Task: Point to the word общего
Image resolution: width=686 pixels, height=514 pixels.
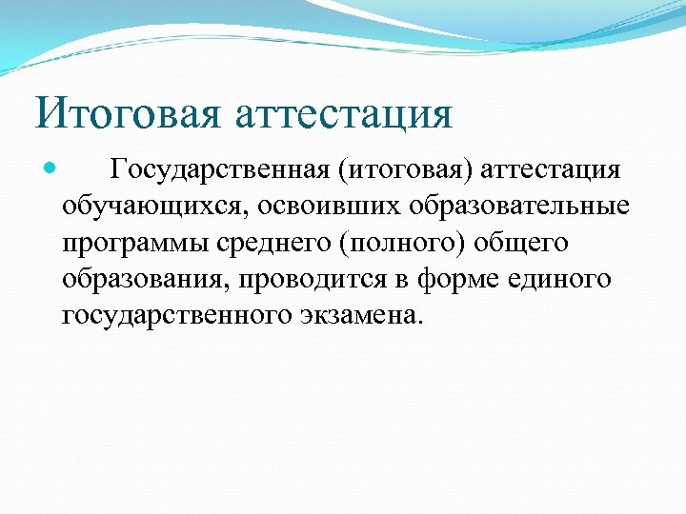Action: [519, 243]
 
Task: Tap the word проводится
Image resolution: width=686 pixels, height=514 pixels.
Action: [312, 279]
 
